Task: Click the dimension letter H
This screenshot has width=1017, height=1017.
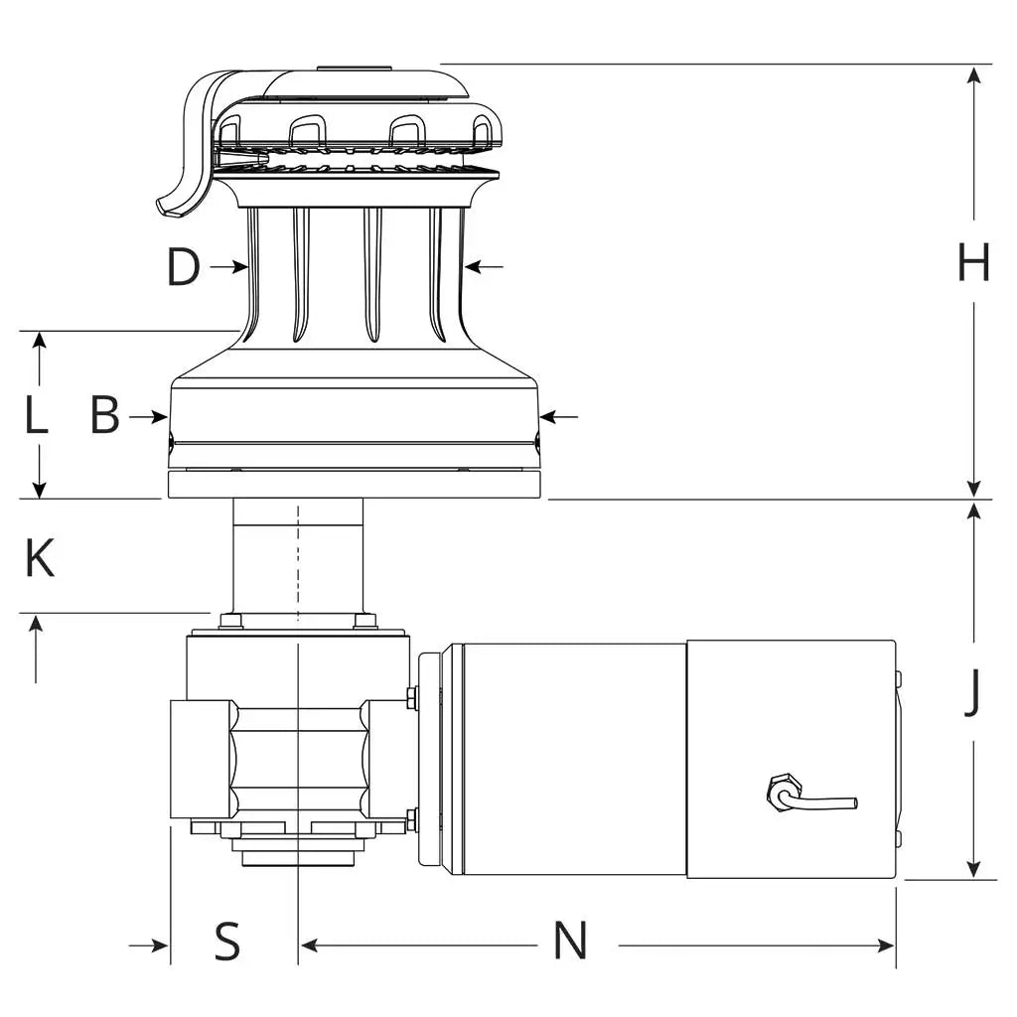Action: pos(973,263)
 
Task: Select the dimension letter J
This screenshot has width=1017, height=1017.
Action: pos(973,692)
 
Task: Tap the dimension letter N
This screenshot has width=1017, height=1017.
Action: pos(570,940)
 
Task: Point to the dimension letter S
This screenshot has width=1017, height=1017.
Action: pos(227,940)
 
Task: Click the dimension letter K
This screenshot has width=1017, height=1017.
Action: pos(40,559)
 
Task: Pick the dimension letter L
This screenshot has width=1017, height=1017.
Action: pos(37,416)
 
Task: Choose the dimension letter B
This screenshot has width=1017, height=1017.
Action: pos(104,416)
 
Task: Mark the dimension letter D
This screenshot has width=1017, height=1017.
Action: pos(183,267)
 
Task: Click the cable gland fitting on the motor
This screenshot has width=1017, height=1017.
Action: pos(779,792)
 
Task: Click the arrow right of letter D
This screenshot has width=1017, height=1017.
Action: pos(238,266)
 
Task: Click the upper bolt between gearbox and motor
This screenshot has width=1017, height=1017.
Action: pos(410,697)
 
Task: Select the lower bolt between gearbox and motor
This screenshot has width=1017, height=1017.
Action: pos(410,820)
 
